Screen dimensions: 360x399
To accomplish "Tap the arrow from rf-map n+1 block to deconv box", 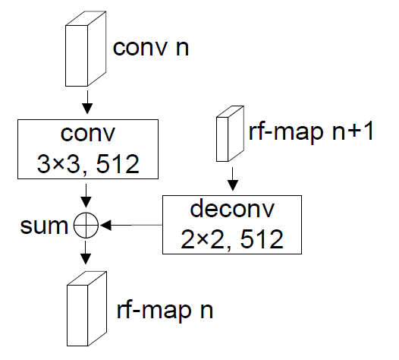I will [x=233, y=182].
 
